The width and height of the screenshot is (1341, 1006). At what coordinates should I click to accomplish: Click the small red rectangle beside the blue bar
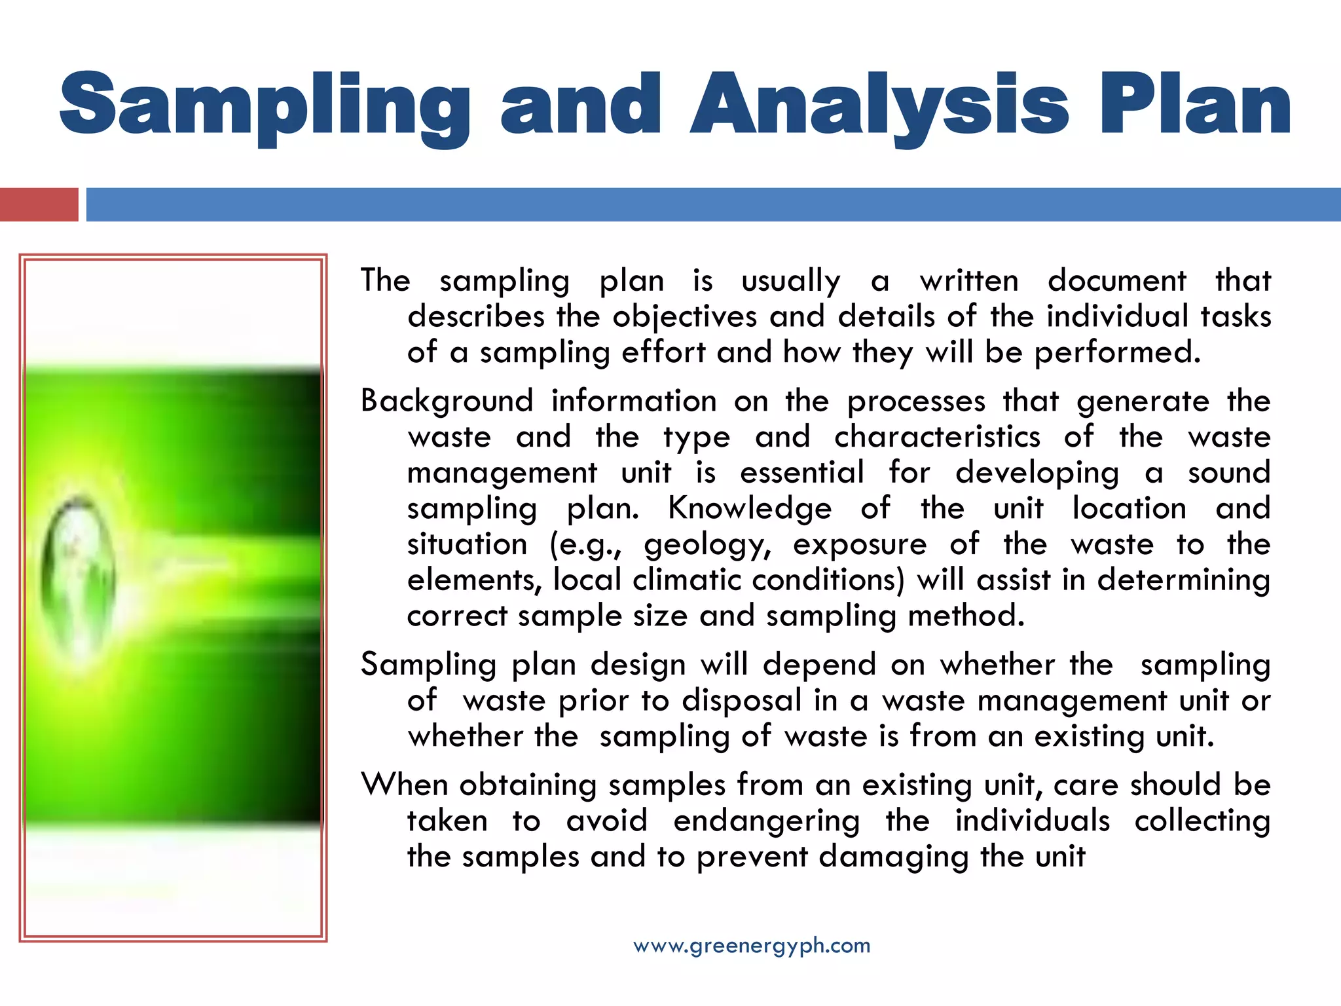tap(39, 204)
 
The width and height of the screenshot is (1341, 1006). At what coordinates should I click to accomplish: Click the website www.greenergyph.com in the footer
tap(752, 946)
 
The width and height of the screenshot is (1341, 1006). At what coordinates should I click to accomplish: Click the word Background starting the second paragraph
tap(447, 401)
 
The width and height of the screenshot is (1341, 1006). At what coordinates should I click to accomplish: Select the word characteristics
tap(937, 437)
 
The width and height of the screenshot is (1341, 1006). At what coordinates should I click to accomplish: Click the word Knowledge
tap(750, 508)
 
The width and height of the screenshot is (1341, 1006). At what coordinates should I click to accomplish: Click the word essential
tap(802, 472)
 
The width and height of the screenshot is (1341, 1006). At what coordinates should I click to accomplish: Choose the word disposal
tap(741, 700)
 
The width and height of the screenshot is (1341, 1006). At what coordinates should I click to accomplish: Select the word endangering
tap(766, 821)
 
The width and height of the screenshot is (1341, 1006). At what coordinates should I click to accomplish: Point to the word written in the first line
tap(969, 281)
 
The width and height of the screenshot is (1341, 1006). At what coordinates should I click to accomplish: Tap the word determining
tap(1184, 580)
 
